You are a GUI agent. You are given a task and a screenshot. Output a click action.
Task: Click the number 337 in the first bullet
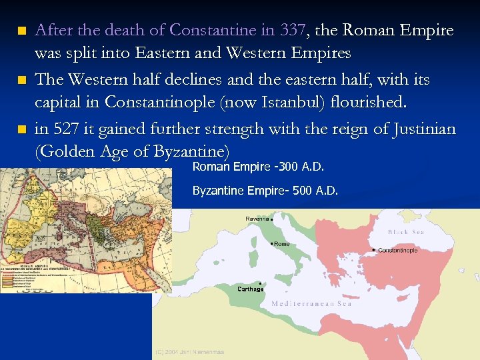(294, 31)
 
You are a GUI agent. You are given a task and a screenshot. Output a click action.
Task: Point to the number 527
(68, 129)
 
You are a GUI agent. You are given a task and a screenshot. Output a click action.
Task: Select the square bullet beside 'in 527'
(22, 129)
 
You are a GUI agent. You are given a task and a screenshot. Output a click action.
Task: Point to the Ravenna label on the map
(257, 219)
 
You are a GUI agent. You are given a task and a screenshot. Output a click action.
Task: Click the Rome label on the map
(281, 244)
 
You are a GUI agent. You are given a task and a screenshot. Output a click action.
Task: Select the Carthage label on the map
(251, 289)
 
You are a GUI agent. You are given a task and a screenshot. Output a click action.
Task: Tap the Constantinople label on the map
(398, 251)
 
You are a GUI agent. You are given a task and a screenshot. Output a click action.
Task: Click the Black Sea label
(406, 232)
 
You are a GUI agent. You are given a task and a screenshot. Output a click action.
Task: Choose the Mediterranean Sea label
(311, 303)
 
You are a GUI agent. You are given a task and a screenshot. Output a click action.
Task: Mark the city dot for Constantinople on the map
(373, 249)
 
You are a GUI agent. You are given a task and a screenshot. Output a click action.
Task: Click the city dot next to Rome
(271, 243)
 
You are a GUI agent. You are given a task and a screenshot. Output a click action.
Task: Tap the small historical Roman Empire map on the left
(85, 230)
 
